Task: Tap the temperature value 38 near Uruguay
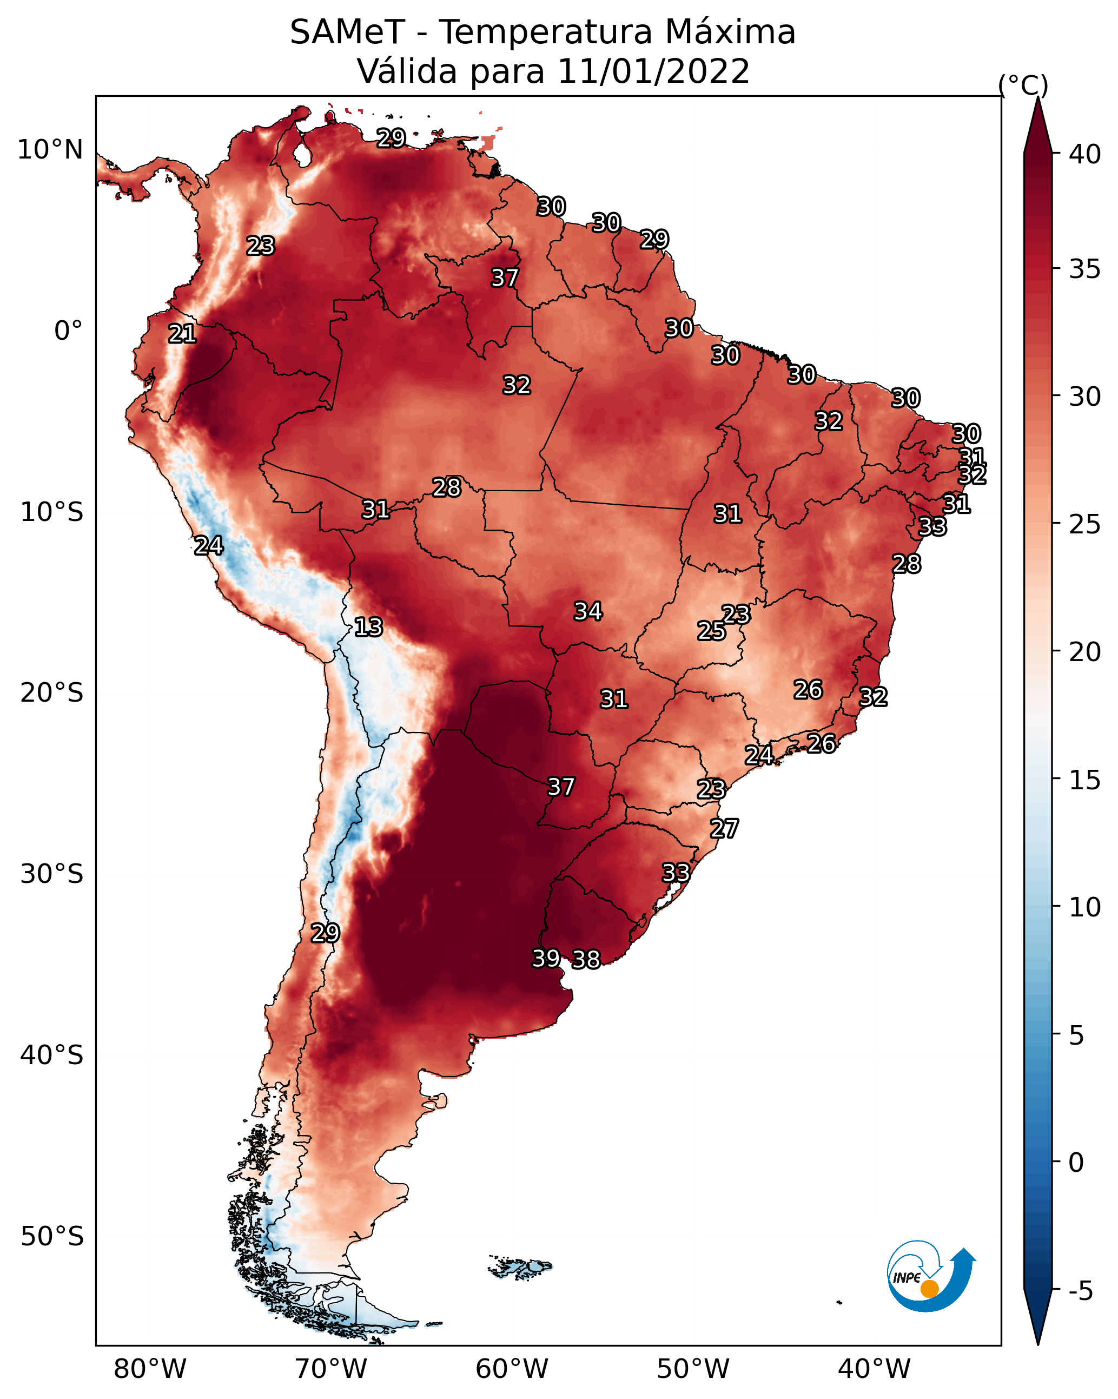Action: point(586,960)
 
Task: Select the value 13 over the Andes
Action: point(368,628)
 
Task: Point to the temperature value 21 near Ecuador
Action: point(182,334)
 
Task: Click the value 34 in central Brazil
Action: point(588,611)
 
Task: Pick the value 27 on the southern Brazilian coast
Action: point(724,829)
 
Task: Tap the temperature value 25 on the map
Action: point(712,631)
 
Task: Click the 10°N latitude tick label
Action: point(50,150)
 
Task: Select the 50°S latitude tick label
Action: point(52,1237)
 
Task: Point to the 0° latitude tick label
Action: point(69,331)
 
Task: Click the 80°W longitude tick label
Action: point(150,1369)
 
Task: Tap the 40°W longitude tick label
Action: point(874,1369)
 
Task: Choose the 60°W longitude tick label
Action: point(512,1369)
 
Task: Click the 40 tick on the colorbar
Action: point(1085,154)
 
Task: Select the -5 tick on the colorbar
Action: point(1081,1291)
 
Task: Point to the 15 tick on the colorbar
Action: point(1085,780)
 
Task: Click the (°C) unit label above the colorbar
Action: point(1023,85)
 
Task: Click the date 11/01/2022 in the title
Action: point(653,71)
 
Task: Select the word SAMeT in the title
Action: point(347,32)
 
